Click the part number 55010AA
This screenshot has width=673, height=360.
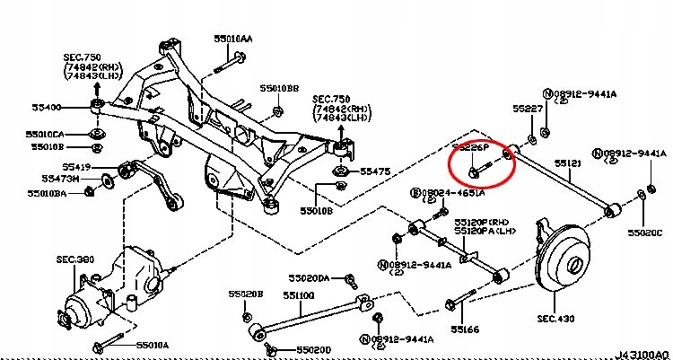tap(233, 40)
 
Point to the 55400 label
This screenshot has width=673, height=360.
tap(46, 107)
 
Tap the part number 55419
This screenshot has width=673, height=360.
tap(76, 167)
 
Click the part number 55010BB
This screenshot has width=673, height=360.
tap(279, 89)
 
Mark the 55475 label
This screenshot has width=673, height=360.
tap(375, 171)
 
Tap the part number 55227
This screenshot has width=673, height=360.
tap(528, 109)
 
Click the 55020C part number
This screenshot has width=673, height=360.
tap(644, 233)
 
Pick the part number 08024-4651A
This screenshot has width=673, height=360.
tap(452, 192)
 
